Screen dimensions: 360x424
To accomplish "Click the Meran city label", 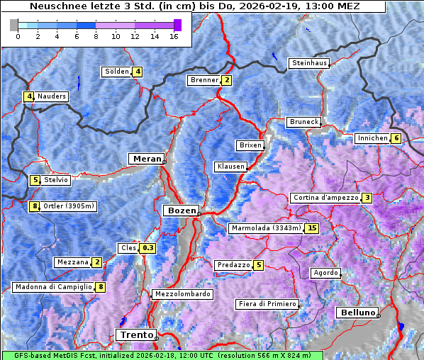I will pyautogui.click(x=145, y=159).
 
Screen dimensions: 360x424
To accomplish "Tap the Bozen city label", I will pyautogui.click(x=180, y=210).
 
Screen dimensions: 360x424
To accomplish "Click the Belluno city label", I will pyautogui.click(x=357, y=313).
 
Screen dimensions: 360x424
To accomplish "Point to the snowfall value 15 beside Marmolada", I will pyautogui.click(x=312, y=228).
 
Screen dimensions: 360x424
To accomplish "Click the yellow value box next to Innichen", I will pyautogui.click(x=396, y=138).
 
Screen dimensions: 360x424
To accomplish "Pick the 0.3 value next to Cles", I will pyautogui.click(x=147, y=248).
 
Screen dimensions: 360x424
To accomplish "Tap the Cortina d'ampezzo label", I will pyautogui.click(x=325, y=198).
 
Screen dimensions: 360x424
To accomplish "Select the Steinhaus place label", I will pyautogui.click(x=310, y=63).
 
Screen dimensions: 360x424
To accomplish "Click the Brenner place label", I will pyautogui.click(x=204, y=80).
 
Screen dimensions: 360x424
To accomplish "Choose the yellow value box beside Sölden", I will pyautogui.click(x=138, y=72).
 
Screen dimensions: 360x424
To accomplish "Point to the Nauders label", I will pyautogui.click(x=52, y=96).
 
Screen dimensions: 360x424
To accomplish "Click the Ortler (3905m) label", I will pyautogui.click(x=69, y=206).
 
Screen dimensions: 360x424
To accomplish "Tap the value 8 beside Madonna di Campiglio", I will pyautogui.click(x=101, y=287).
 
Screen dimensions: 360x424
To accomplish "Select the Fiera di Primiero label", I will pyautogui.click(x=267, y=304).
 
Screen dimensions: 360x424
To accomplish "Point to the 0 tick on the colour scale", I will pyautogui.click(x=18, y=36).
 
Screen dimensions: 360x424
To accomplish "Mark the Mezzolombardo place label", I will pyautogui.click(x=182, y=294).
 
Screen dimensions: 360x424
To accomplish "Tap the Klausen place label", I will pyautogui.click(x=230, y=167).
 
